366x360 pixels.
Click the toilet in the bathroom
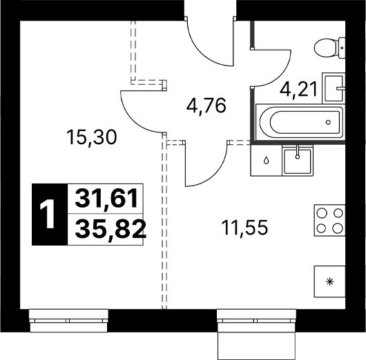point(329,48)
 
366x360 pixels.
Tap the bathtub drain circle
point(328,122)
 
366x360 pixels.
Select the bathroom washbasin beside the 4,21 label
point(334,88)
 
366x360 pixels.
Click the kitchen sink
point(298,161)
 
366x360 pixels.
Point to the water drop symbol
point(266,161)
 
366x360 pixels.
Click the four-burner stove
point(329,220)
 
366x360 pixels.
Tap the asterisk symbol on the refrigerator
point(329,281)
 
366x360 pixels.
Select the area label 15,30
point(91,137)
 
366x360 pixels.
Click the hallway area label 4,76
point(206,106)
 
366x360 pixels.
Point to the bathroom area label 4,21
point(299,89)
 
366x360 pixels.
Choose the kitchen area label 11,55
point(244,228)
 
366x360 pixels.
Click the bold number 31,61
point(106,199)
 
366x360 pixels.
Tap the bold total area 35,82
point(111,229)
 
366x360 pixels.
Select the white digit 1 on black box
point(48,214)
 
